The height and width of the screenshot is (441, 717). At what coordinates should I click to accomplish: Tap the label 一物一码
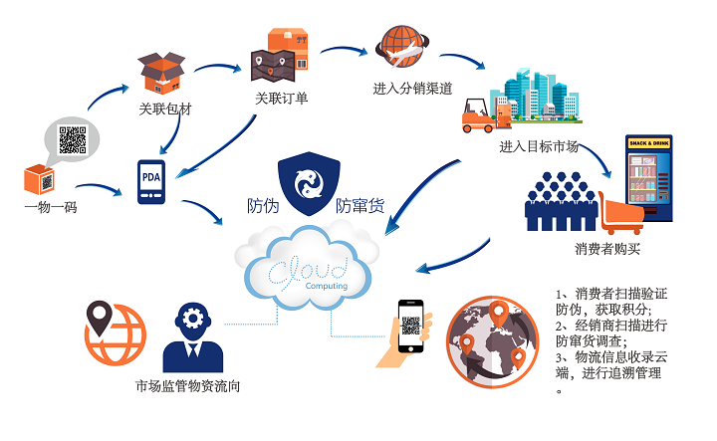[x=51, y=206]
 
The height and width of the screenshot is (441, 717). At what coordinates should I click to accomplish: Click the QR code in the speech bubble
[x=73, y=140]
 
